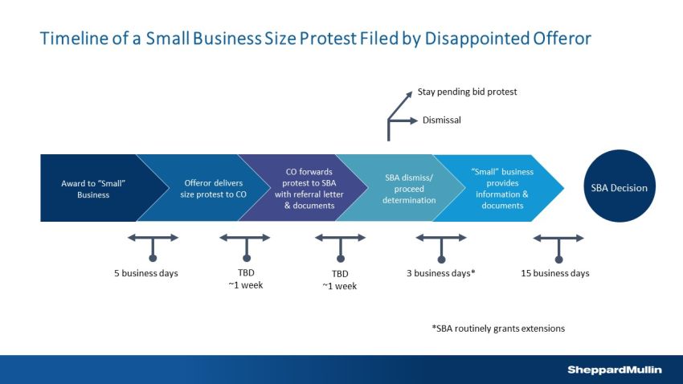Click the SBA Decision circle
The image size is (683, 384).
(x=618, y=188)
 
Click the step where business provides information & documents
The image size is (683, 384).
(x=497, y=188)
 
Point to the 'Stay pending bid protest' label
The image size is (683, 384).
(x=467, y=92)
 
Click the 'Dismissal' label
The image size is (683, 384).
(x=443, y=121)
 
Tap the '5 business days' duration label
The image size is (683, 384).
(x=145, y=273)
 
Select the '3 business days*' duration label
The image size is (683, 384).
(x=441, y=273)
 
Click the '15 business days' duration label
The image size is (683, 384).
(x=555, y=273)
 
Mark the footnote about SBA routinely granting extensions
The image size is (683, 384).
(x=498, y=328)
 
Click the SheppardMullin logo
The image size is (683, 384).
(x=614, y=369)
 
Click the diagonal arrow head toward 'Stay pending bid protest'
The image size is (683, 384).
(x=408, y=93)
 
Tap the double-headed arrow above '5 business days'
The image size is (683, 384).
(x=153, y=238)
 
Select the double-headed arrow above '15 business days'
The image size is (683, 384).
(x=558, y=238)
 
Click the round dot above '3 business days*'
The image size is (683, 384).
(x=441, y=258)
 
